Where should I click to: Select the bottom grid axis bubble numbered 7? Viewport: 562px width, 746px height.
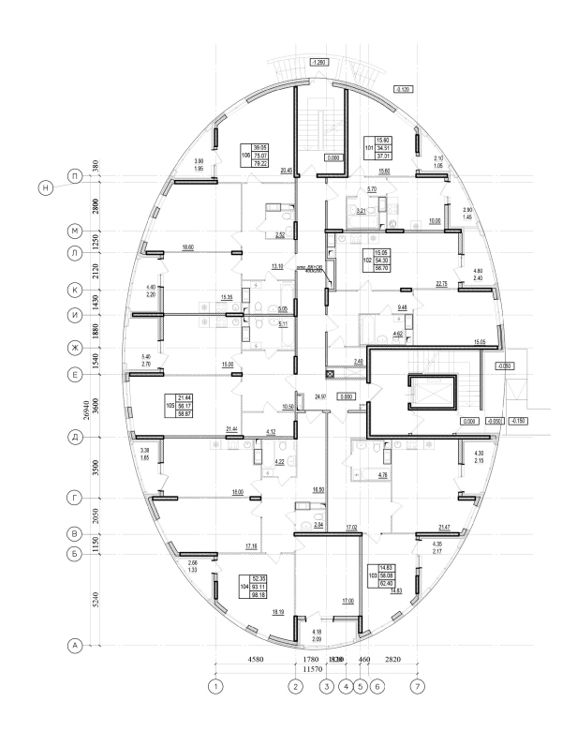pyautogui.click(x=418, y=687)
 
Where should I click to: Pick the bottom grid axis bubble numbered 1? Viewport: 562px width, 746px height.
pyautogui.click(x=216, y=687)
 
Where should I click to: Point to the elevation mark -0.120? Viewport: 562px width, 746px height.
pyautogui.click(x=405, y=89)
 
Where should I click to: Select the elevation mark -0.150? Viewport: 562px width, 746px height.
pyautogui.click(x=520, y=421)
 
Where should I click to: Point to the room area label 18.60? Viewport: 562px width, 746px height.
pyautogui.click(x=187, y=246)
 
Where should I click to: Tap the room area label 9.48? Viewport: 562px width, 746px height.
pyautogui.click(x=403, y=307)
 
